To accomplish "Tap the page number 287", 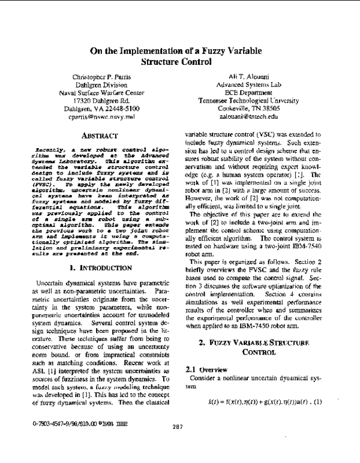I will tap(176, 444).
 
